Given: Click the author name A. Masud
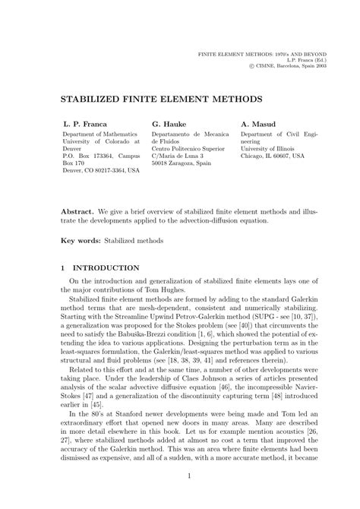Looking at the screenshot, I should [258, 122].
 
